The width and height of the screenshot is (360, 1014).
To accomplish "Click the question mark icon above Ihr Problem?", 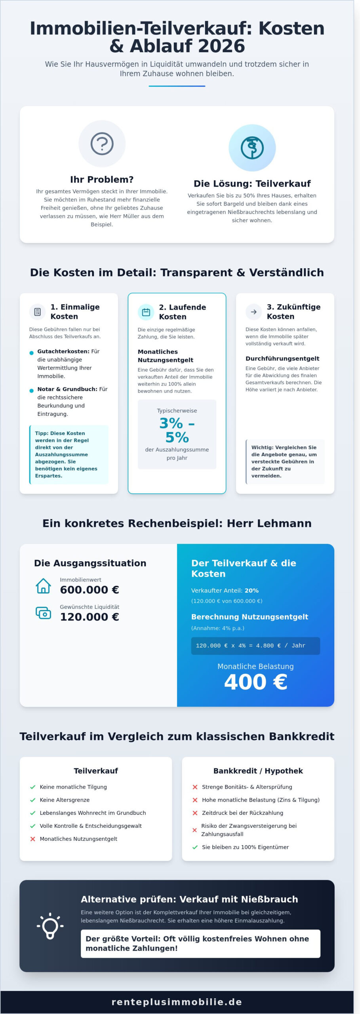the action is click(x=102, y=144).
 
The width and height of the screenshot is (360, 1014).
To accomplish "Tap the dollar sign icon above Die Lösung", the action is click(x=252, y=148).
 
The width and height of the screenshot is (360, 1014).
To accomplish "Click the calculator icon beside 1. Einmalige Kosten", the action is click(x=38, y=312).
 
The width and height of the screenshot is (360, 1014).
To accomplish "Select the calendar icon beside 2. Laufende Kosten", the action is click(x=146, y=312).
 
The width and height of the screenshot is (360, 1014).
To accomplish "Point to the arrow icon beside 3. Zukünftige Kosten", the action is click(x=254, y=312).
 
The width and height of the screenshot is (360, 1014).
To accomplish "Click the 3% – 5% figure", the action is click(x=177, y=430).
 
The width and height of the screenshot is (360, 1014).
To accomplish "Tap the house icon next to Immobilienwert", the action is click(x=43, y=586).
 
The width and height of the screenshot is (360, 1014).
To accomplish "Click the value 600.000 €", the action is click(x=90, y=590).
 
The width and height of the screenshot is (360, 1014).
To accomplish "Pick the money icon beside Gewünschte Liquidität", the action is click(x=43, y=613).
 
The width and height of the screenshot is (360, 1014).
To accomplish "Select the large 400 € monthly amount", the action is click(x=255, y=682).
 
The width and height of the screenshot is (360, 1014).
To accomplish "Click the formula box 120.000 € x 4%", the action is click(x=255, y=646).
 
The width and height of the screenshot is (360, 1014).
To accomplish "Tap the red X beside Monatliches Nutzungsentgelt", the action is click(x=33, y=839).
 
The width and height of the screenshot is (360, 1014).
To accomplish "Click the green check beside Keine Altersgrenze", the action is click(x=33, y=800).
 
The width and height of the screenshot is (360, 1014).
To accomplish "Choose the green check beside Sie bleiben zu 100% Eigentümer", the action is click(x=195, y=847).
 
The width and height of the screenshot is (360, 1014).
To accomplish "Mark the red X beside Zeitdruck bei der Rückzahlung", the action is click(x=195, y=813).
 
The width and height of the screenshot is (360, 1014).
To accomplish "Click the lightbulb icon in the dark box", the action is click(x=50, y=926).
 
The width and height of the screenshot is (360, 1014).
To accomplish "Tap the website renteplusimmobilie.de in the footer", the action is click(x=177, y=1002).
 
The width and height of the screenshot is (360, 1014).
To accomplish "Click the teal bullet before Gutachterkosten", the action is click(x=32, y=353).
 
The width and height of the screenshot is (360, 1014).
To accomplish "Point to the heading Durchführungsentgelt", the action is click(x=282, y=358).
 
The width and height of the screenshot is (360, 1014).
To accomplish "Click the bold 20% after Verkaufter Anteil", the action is click(x=251, y=591).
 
